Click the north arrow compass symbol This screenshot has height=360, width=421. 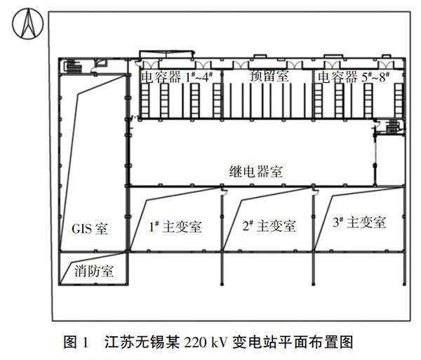(x=27, y=27)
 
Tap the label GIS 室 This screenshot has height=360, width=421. (x=91, y=229)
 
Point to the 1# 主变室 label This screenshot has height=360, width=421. (x=175, y=227)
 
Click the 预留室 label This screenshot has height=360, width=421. (x=269, y=76)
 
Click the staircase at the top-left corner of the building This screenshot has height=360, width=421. (x=72, y=66)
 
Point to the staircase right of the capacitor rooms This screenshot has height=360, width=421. (x=393, y=127)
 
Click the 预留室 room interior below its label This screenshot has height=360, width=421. (x=269, y=102)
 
